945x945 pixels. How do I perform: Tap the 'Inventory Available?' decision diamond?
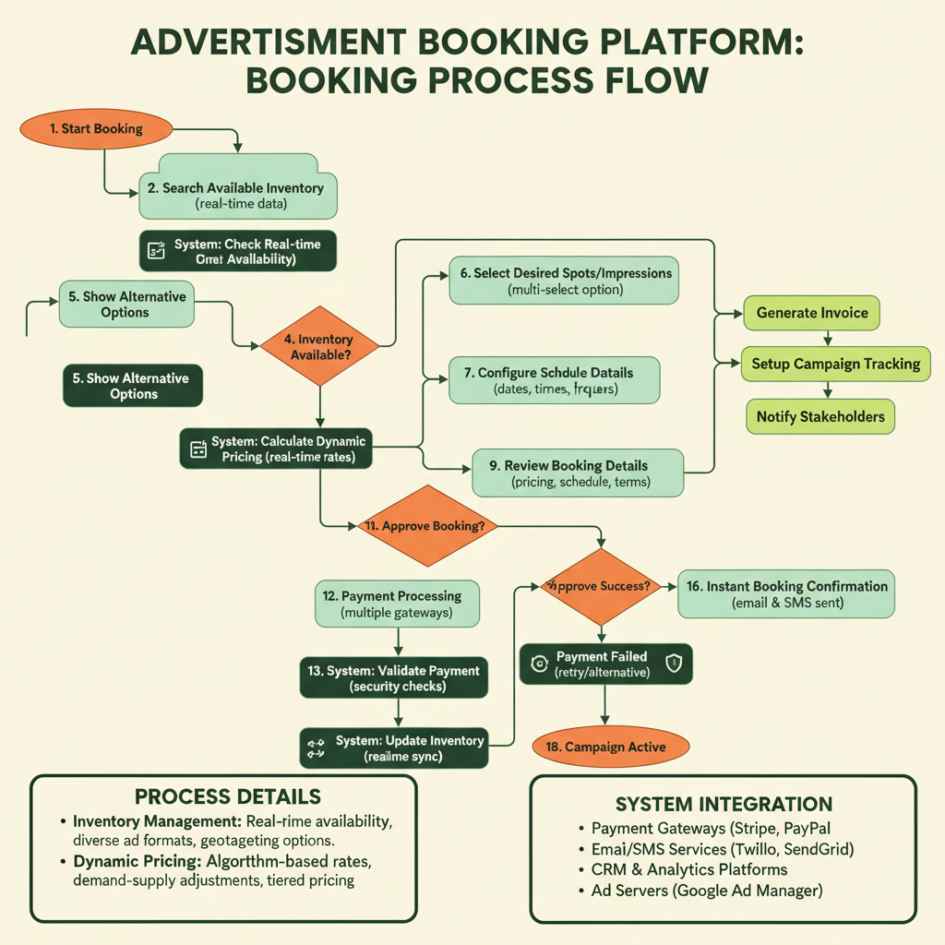tap(319, 347)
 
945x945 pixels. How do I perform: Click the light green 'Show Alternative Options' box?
tap(126, 305)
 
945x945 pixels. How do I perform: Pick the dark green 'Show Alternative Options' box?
tap(133, 386)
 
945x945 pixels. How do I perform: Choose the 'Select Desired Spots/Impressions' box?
tap(565, 281)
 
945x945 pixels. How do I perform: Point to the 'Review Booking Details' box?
tap(578, 473)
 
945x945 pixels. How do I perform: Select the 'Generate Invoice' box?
tap(812, 313)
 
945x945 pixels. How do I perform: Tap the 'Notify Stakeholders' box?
tap(820, 417)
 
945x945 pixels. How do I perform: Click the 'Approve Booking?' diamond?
tap(426, 526)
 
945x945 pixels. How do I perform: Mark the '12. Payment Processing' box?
tap(398, 604)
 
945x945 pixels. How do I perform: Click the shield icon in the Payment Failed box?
tap(673, 664)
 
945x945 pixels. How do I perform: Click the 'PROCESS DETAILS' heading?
tap(227, 796)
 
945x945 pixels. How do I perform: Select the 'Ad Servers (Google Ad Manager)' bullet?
tap(706, 891)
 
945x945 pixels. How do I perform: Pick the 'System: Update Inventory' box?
tap(395, 748)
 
